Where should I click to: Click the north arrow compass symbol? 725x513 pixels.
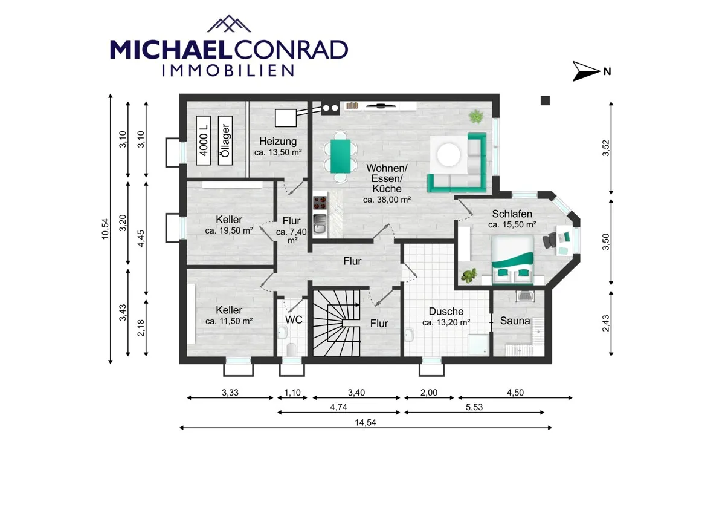(x=585, y=71)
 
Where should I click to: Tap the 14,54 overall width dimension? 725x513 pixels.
(x=366, y=423)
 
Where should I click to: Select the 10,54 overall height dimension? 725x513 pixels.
(x=106, y=229)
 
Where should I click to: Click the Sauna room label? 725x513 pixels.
(x=515, y=321)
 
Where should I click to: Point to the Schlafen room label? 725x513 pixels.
(x=512, y=214)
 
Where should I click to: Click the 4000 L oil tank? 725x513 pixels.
(x=203, y=140)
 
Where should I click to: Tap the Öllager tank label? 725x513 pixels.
(x=225, y=140)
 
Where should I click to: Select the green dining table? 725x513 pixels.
(x=341, y=156)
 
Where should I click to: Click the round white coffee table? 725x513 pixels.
(x=448, y=155)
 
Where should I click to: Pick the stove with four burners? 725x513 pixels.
(x=320, y=203)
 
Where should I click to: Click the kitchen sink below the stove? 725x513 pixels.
(x=320, y=224)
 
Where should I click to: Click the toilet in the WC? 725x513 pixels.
(x=291, y=349)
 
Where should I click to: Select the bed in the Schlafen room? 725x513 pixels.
(x=513, y=260)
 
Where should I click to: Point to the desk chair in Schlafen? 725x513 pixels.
(x=549, y=241)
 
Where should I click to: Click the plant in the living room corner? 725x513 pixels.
(x=476, y=117)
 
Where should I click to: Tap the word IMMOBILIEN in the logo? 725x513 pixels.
(x=228, y=70)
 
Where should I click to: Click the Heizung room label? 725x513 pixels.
(x=278, y=142)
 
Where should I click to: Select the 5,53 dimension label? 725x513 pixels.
(x=474, y=407)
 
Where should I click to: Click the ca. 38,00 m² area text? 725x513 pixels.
(x=387, y=200)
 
